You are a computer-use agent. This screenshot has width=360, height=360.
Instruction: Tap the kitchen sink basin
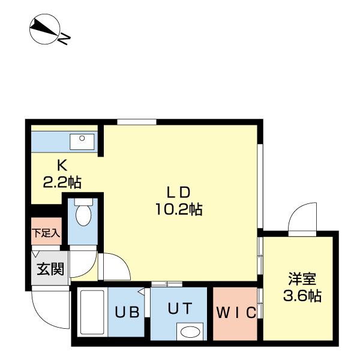79,142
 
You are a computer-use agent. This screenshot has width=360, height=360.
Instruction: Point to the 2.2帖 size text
62,181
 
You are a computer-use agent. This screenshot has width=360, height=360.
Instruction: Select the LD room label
178,193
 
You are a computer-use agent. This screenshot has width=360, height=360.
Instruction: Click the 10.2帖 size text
178,209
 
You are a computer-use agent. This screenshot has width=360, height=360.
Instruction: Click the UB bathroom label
127,313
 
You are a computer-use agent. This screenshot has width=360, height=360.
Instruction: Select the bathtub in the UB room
92,313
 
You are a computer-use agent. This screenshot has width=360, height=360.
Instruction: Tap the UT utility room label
179,308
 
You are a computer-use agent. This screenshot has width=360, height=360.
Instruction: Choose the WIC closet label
236,313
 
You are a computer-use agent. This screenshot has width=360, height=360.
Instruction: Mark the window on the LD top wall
137,122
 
